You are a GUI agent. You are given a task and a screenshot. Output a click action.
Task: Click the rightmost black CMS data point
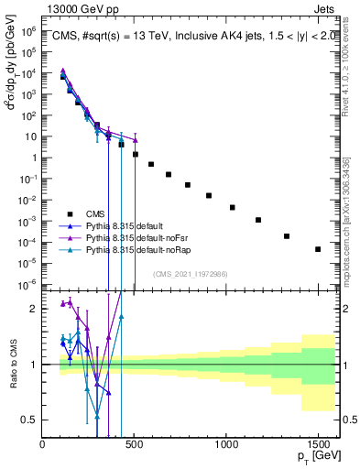[318, 249]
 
